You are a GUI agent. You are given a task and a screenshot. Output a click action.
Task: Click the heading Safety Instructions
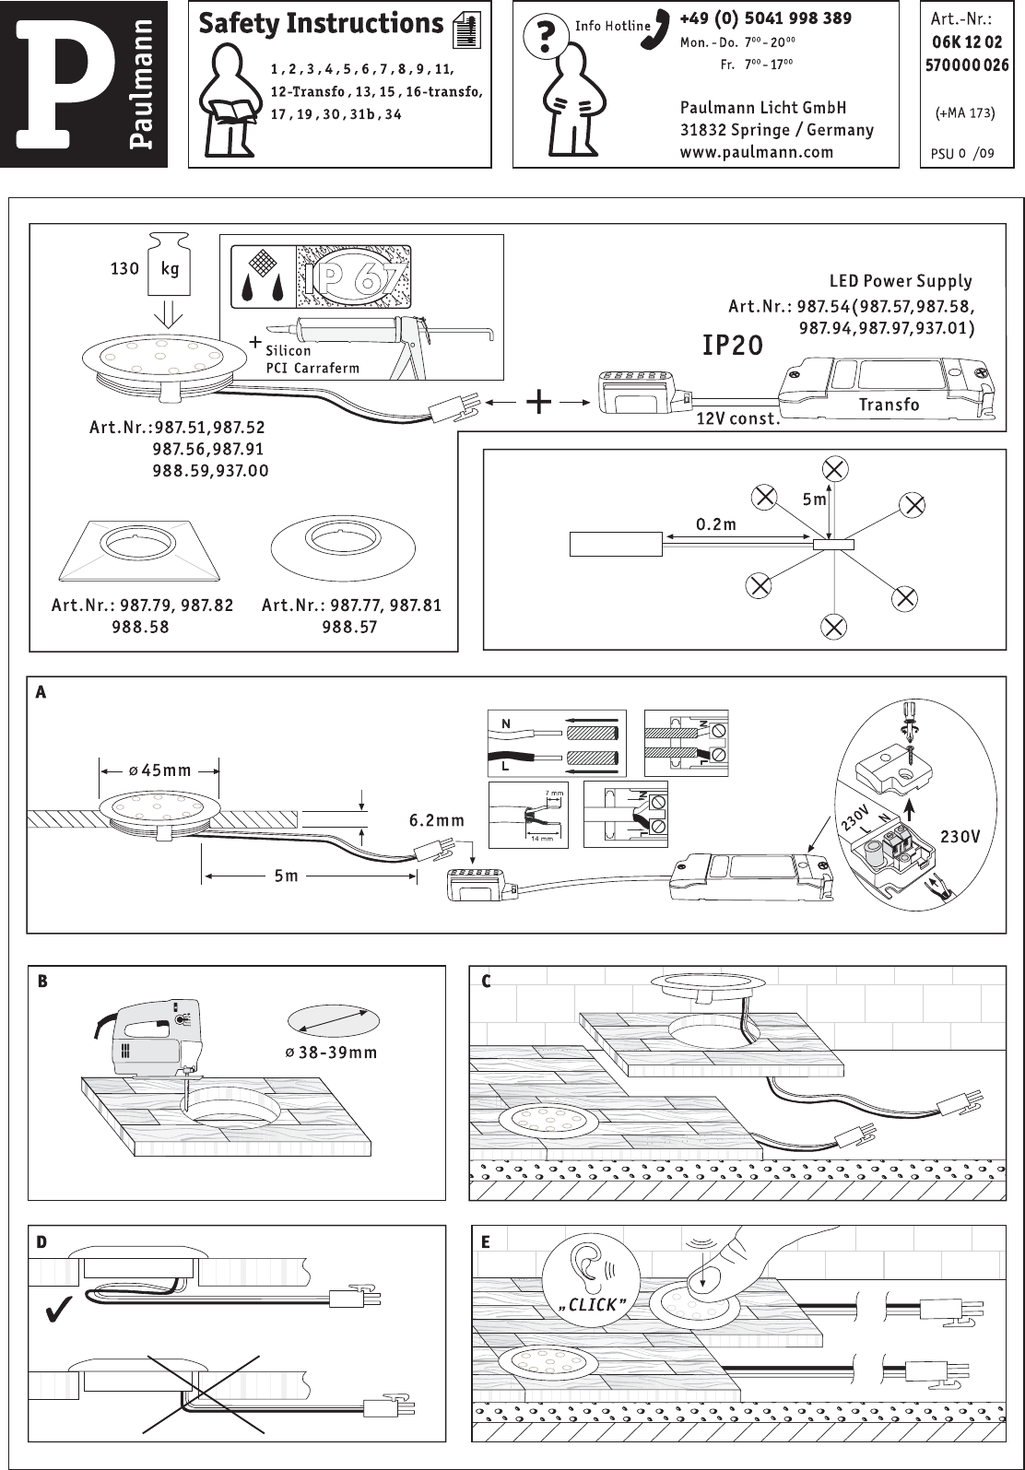click(x=321, y=24)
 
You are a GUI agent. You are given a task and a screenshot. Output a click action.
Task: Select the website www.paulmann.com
click(x=756, y=152)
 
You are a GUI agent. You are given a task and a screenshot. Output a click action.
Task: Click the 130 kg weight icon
click(x=169, y=268)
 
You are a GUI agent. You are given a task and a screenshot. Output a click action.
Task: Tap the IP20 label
click(x=733, y=346)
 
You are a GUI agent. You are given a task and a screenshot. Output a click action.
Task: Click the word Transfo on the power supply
click(x=889, y=405)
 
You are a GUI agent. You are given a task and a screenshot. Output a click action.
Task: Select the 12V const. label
click(x=737, y=419)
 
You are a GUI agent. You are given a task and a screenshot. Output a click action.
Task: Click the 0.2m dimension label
click(x=715, y=524)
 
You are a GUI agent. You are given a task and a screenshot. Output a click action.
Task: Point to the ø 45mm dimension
click(x=159, y=770)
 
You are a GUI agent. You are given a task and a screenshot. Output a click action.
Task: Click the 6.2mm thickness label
click(x=436, y=819)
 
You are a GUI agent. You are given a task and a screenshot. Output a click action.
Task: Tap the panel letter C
click(x=487, y=982)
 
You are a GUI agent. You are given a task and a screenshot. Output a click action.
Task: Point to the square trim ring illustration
click(x=141, y=550)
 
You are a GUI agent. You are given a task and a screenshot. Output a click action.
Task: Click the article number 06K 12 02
click(x=966, y=42)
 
